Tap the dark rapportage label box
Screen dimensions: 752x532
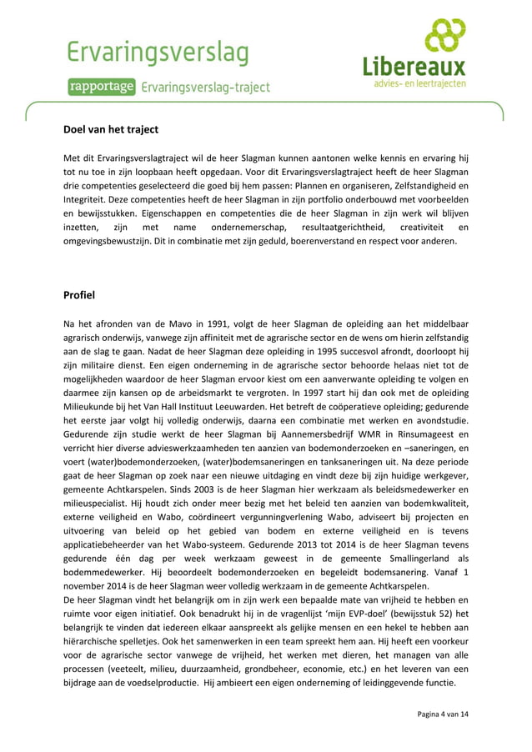click(103, 87)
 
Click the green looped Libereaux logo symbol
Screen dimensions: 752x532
click(444, 35)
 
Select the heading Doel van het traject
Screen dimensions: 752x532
click(111, 130)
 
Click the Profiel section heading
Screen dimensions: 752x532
click(79, 295)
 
